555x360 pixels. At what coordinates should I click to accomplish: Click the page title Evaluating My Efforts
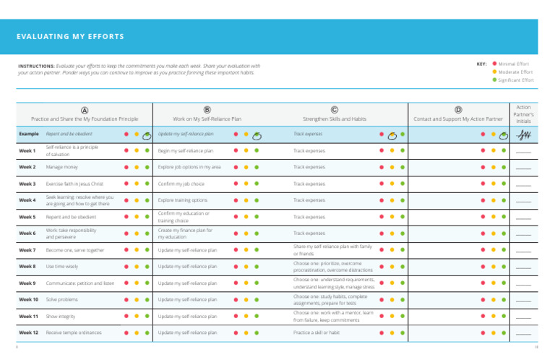click(x=71, y=37)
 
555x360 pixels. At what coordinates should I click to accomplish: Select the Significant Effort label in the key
click(x=516, y=80)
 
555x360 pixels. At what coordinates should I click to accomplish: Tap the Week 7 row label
click(x=27, y=250)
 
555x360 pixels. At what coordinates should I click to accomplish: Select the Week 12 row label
click(x=29, y=333)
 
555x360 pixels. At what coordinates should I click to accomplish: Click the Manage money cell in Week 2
click(x=62, y=167)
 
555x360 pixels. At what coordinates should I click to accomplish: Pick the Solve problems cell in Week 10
click(x=62, y=299)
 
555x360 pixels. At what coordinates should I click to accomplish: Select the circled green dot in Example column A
click(x=146, y=134)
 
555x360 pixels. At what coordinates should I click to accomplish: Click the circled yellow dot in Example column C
click(x=392, y=134)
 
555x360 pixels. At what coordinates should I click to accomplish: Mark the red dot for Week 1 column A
click(x=126, y=151)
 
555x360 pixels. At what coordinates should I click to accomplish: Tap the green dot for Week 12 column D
click(x=504, y=333)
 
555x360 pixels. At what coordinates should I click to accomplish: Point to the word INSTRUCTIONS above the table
click(x=35, y=66)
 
